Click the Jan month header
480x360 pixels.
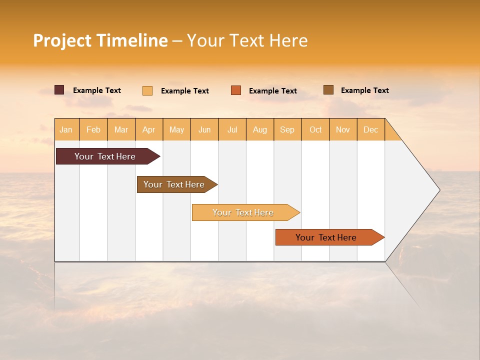pyautogui.click(x=66, y=129)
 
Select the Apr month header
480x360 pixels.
pyautogui.click(x=149, y=129)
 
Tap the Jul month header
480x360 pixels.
pyautogui.click(x=232, y=129)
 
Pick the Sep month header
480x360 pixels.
pyautogui.click(x=287, y=129)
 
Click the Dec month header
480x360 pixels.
pyautogui.click(x=370, y=129)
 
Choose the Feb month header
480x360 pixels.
pyautogui.click(x=93, y=129)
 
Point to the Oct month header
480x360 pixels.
pyautogui.click(x=315, y=129)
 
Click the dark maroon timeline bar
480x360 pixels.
pyautogui.click(x=105, y=156)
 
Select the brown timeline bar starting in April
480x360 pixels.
pyautogui.click(x=174, y=184)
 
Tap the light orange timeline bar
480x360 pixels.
pyautogui.click(x=243, y=212)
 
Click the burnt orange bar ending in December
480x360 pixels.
pyautogui.click(x=326, y=237)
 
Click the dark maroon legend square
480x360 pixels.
pyautogui.click(x=59, y=90)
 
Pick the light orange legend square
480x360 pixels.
pyautogui.click(x=147, y=90)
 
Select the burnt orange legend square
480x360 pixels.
pyautogui.click(x=236, y=90)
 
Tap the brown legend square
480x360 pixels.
pyautogui.click(x=328, y=90)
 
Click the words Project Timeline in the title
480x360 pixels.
pyautogui.click(x=100, y=40)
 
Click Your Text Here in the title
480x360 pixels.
pyautogui.click(x=247, y=40)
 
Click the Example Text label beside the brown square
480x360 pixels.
pyautogui.click(x=364, y=90)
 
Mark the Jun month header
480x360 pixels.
pyautogui.click(x=204, y=129)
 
